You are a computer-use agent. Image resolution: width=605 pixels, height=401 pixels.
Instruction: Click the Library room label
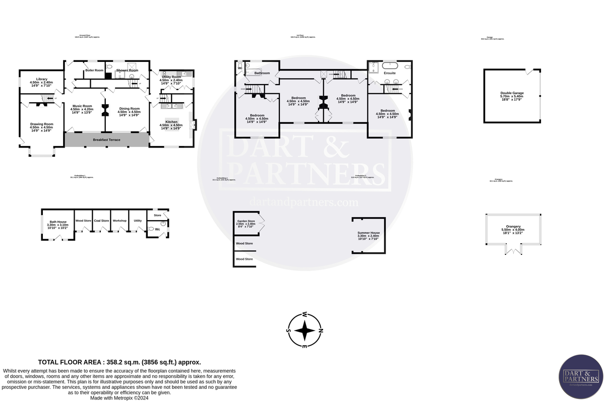[x=41, y=79]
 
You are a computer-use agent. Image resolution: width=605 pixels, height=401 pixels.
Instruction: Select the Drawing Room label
[x=41, y=124]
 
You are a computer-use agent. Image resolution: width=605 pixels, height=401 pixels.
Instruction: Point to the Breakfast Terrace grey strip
[x=106, y=140]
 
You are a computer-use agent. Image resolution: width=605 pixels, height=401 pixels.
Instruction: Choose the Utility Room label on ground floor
[x=170, y=77]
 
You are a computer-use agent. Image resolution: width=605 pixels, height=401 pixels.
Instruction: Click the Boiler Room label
[x=94, y=70]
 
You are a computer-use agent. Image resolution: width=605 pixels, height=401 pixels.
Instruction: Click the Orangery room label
[x=513, y=227]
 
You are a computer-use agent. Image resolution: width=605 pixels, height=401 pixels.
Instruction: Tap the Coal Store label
[x=101, y=221]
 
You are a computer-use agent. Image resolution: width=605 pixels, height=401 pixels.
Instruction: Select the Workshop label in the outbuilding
[x=119, y=221]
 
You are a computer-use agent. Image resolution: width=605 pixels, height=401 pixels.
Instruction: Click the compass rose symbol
[x=305, y=331]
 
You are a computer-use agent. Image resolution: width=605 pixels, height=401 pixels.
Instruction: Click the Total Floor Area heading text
[x=120, y=362]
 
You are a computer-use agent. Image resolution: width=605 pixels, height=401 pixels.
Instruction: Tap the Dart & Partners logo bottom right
[x=580, y=377]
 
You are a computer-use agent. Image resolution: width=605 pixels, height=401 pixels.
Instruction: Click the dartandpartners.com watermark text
[x=305, y=203]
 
